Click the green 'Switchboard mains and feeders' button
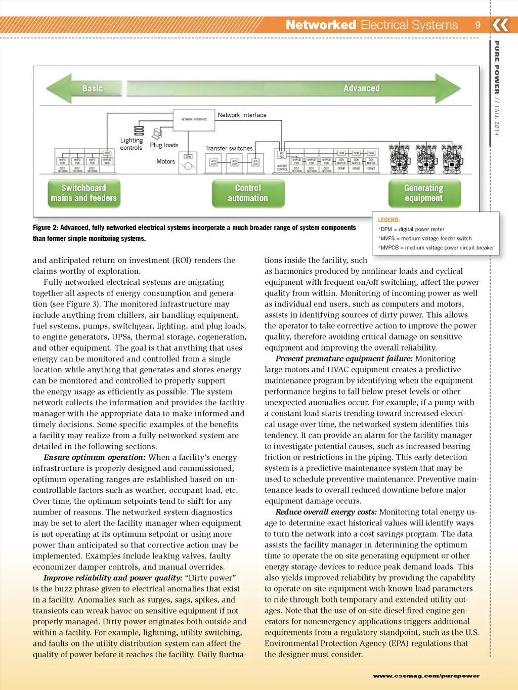point(84,193)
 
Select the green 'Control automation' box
point(248,193)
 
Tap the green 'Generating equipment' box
point(424,193)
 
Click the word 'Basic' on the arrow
point(93,89)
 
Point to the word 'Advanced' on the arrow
point(361,89)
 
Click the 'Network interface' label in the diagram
point(242,115)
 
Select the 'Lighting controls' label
point(132,144)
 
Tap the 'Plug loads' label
point(164,145)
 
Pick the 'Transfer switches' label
point(229,149)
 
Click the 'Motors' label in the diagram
point(165,162)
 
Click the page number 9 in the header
point(478,25)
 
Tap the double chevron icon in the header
point(500,25)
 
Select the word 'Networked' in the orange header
point(321,25)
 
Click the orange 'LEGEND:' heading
point(388,220)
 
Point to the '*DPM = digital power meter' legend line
point(411,229)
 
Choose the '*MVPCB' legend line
point(436,248)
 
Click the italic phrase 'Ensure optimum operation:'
point(94,457)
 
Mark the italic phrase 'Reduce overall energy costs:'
point(326,512)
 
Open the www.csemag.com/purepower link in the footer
point(426,676)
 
